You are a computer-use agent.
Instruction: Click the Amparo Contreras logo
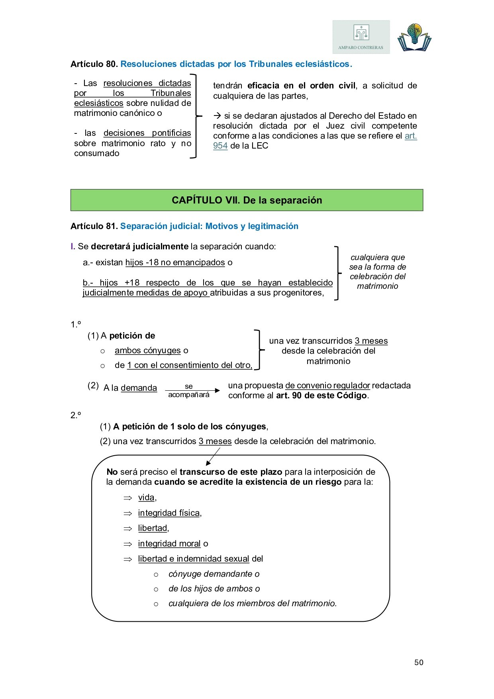click(x=361, y=37)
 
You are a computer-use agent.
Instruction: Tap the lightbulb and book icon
click(x=414, y=37)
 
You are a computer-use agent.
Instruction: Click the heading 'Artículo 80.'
click(x=94, y=64)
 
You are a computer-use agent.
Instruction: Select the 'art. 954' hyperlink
click(x=410, y=136)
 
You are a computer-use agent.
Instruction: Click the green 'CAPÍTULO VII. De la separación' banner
click(x=247, y=200)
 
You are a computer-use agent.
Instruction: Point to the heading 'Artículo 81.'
click(x=94, y=226)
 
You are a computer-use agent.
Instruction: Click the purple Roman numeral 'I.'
click(x=73, y=247)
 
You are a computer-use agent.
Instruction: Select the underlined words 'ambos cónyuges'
click(x=147, y=350)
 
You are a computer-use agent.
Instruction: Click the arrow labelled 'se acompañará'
click(x=192, y=390)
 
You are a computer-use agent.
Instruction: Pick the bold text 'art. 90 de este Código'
click(x=321, y=396)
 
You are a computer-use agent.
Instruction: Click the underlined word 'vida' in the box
click(x=146, y=497)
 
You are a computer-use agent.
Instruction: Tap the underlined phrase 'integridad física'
click(x=169, y=513)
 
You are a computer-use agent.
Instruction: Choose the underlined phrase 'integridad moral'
click(x=169, y=544)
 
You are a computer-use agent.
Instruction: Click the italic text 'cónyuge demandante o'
click(x=214, y=574)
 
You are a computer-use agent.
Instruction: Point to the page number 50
click(x=419, y=662)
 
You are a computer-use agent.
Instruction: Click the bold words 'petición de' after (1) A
click(x=132, y=336)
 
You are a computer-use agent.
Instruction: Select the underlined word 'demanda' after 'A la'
click(x=139, y=388)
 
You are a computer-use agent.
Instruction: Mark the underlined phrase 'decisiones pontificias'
click(x=147, y=133)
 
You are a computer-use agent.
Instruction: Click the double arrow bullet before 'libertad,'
click(x=127, y=529)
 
